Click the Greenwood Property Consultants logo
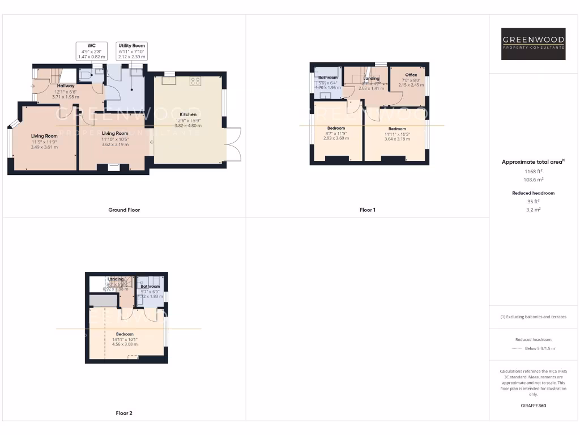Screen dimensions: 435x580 534,44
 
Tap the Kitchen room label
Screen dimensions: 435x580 188,114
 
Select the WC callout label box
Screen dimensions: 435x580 91,51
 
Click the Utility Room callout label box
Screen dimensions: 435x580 132,51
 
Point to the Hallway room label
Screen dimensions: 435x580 66,86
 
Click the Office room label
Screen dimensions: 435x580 411,75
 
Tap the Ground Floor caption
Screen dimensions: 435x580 124,210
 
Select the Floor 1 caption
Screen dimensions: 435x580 367,210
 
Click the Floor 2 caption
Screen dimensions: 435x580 124,413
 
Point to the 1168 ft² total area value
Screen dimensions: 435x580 533,171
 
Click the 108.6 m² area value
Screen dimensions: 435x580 533,179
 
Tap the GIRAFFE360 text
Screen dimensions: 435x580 533,406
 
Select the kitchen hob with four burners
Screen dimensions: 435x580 196,81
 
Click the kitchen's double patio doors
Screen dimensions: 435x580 233,144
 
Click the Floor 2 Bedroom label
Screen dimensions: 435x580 125,334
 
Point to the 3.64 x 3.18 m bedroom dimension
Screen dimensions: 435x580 397,139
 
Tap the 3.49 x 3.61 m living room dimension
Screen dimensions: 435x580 44,147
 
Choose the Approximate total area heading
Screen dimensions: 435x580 533,162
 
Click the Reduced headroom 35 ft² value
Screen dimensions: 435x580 533,201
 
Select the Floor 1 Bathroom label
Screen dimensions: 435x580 327,78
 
